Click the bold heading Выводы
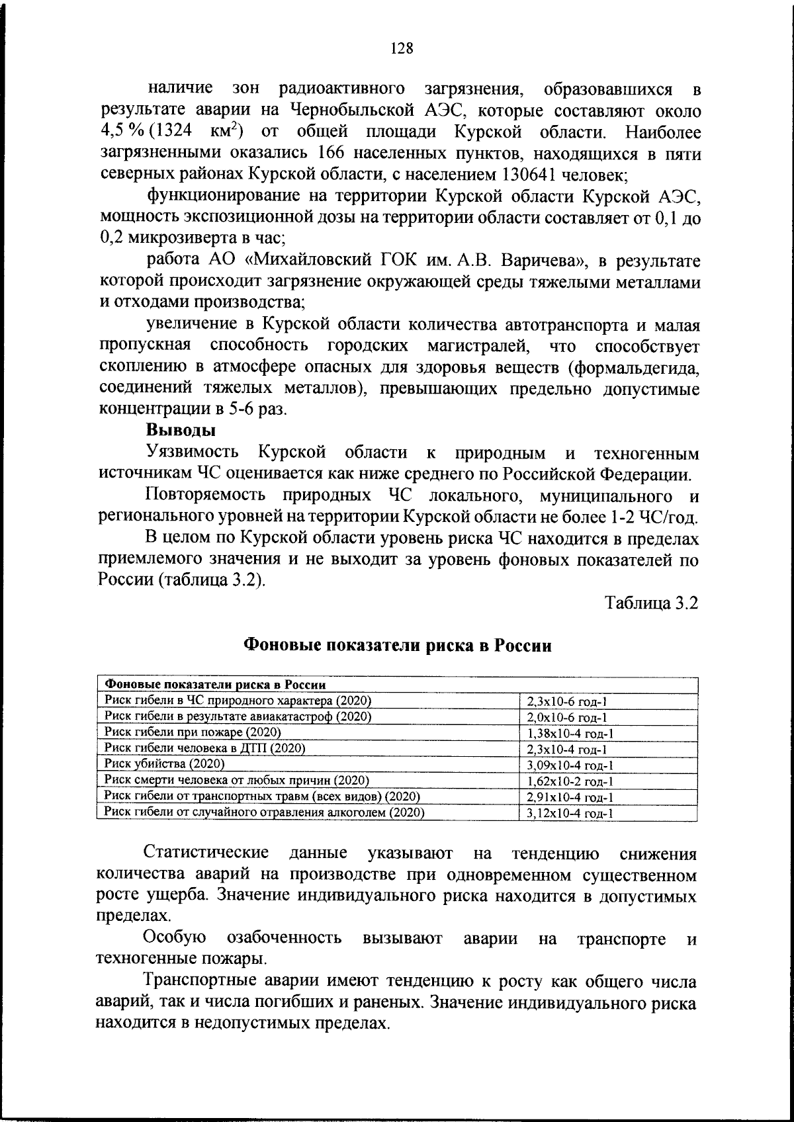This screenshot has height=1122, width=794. [x=181, y=431]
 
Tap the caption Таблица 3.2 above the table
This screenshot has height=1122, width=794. [x=651, y=603]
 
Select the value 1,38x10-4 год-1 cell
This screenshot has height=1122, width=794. [x=570, y=734]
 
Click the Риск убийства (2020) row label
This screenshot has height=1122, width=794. [x=165, y=764]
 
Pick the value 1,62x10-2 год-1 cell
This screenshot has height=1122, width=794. [x=570, y=781]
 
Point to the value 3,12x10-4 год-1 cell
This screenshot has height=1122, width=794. [x=570, y=814]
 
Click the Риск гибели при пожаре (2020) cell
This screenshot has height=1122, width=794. [x=193, y=732]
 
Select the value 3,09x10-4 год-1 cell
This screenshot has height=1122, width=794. [x=570, y=765]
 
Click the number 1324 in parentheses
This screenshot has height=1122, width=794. [x=178, y=132]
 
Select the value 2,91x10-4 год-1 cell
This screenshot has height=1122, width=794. [x=570, y=798]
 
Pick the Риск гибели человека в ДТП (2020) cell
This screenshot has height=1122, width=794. [x=205, y=748]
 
